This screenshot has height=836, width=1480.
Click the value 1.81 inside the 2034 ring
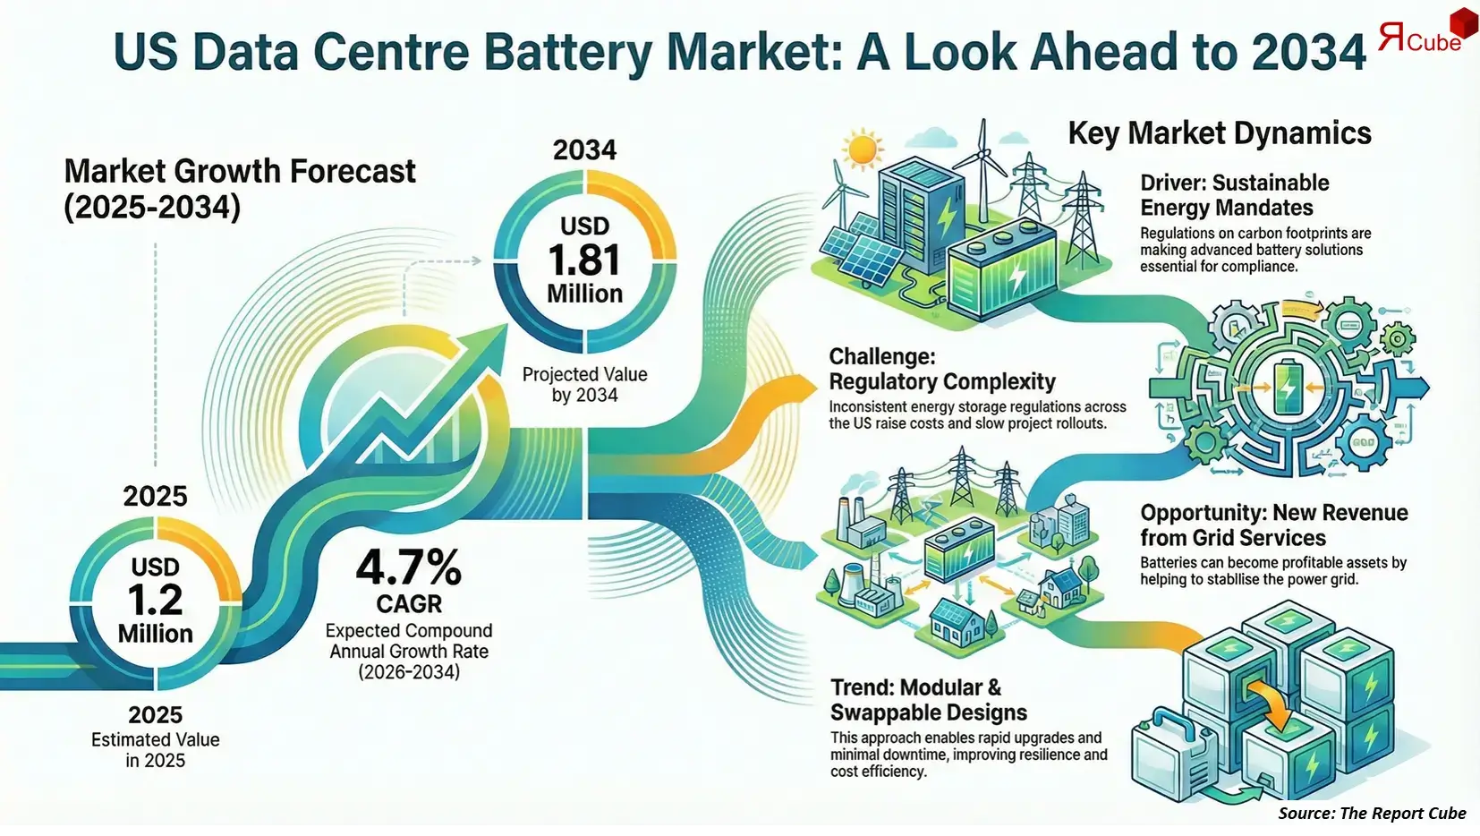584,260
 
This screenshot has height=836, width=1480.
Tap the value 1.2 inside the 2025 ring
155,600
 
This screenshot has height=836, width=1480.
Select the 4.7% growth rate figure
409,567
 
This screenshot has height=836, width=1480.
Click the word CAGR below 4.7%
409,603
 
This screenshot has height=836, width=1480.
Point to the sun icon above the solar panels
863,149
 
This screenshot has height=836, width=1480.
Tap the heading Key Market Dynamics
1219,133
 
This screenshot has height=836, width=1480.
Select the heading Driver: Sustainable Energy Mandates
1234,195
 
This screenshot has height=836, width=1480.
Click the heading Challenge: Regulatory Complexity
941,369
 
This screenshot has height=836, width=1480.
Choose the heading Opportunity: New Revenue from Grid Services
1273,525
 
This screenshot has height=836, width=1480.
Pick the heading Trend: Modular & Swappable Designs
928,700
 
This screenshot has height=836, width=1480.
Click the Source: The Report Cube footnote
1371,813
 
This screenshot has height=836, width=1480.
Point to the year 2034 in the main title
1309,51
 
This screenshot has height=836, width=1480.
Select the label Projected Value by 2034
584,385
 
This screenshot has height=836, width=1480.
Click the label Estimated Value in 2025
155,750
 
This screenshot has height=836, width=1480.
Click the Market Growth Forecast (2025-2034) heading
240,189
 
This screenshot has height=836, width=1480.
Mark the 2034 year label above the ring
584,149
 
